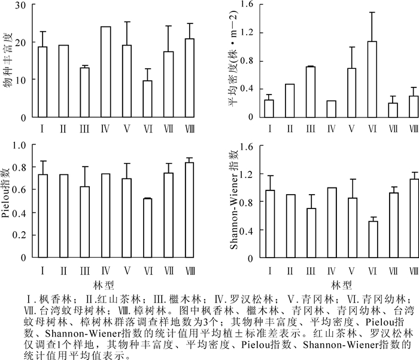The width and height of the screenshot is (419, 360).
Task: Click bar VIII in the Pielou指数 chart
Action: [189, 210]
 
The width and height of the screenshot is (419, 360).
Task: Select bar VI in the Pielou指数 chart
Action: [147, 228]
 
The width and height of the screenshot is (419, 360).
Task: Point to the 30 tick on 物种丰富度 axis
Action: [20, 5]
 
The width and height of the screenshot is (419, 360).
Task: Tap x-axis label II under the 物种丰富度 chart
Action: [63, 128]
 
